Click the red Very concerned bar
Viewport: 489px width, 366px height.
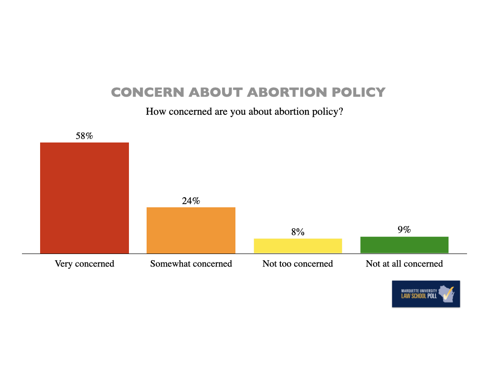click(x=85, y=198)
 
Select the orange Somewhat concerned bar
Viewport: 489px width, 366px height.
click(x=191, y=230)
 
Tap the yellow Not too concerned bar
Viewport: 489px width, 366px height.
click(x=298, y=245)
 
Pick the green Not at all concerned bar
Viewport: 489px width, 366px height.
click(x=404, y=244)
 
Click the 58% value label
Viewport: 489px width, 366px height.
click(x=84, y=136)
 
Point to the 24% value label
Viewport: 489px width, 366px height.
click(x=191, y=201)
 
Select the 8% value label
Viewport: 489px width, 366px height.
click(x=298, y=232)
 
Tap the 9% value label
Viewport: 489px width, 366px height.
click(x=404, y=230)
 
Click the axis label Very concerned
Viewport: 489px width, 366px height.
click(x=85, y=264)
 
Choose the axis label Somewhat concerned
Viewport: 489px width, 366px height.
click(x=191, y=264)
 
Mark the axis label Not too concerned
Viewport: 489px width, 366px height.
click(x=298, y=264)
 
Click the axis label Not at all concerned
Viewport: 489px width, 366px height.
click(x=404, y=264)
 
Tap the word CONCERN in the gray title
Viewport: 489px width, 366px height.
click(x=148, y=92)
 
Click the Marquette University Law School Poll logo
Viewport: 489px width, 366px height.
click(x=426, y=294)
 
